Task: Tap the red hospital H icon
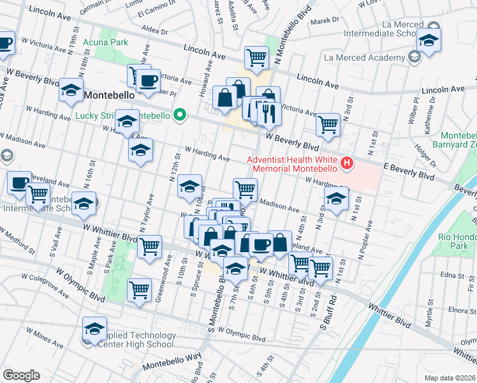(347, 164)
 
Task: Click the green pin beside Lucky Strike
(180, 116)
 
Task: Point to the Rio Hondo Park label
(457, 241)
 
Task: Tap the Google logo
(21, 375)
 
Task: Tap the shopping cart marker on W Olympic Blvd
(139, 289)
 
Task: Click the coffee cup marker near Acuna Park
(149, 80)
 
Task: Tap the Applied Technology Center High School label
(136, 340)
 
